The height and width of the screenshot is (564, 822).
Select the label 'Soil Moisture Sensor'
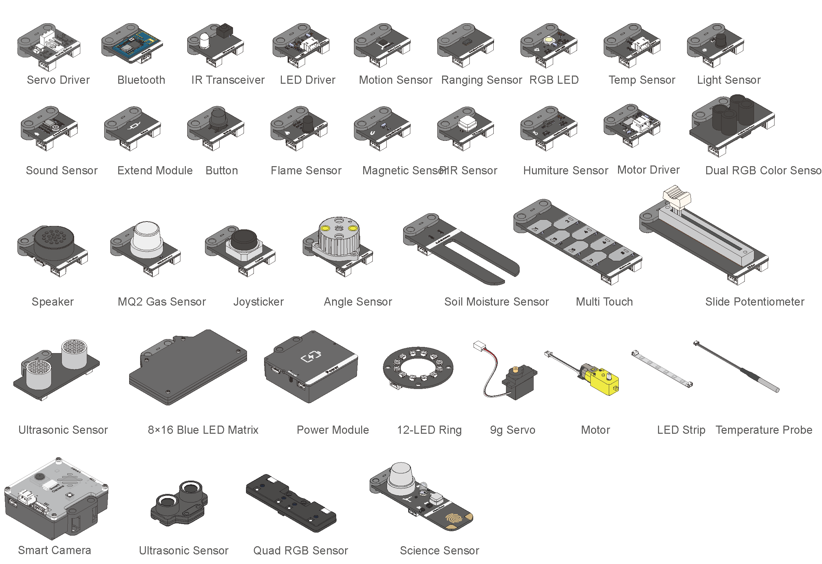[496, 302]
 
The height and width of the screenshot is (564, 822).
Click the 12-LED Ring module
[418, 368]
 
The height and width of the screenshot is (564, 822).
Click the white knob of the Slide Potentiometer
[676, 195]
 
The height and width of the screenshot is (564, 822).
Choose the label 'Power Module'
[332, 430]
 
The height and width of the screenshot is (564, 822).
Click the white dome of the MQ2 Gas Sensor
[147, 235]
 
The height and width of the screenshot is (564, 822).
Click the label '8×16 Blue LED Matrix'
[203, 430]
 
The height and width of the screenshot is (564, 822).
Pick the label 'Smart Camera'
[54, 550]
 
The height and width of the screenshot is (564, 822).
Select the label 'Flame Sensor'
[306, 171]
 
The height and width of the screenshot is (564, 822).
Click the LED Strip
[662, 369]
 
